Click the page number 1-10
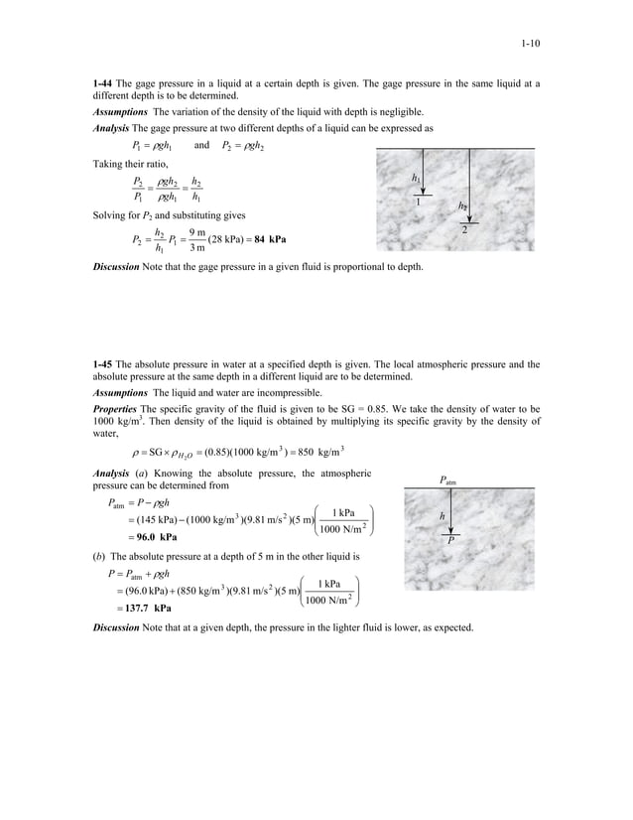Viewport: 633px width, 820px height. [x=528, y=44]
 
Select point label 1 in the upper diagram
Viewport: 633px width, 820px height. [x=418, y=203]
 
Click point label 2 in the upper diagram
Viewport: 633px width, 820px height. [x=464, y=230]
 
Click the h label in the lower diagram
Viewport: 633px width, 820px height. [x=442, y=516]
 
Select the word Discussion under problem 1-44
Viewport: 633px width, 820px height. [x=117, y=267]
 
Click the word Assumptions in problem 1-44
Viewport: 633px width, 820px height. [x=119, y=112]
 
